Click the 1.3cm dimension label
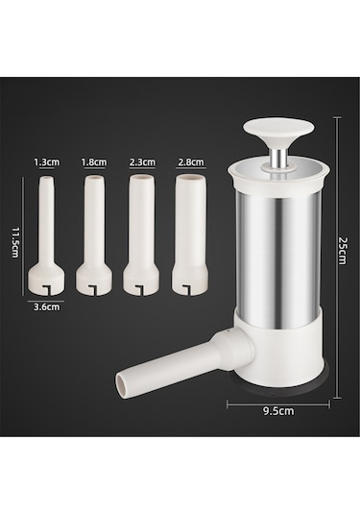tap(47, 162)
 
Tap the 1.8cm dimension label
tap(94, 162)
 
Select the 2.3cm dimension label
tap(142, 162)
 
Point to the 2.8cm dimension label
tap(191, 162)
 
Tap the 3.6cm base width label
tap(47, 307)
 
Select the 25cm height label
tap(343, 251)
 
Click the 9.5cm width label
tap(278, 411)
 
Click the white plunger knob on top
tap(278, 131)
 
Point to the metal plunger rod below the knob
tap(279, 158)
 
